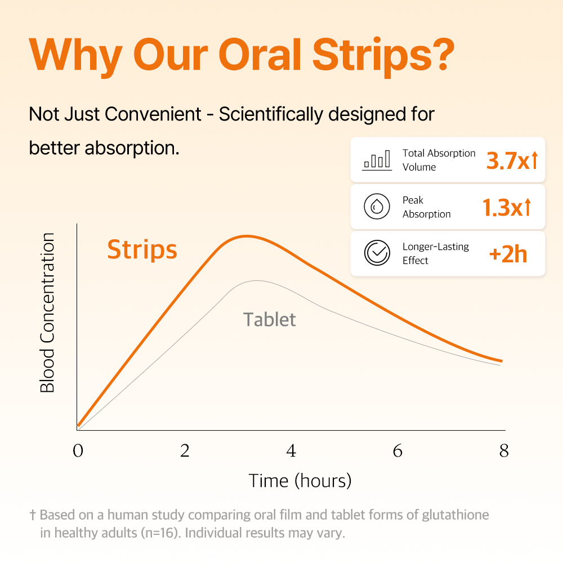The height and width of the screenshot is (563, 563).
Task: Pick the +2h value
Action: coord(508,254)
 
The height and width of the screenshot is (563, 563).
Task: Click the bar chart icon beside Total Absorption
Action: coord(376,160)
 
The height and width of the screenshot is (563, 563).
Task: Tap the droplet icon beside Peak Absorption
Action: coord(376,207)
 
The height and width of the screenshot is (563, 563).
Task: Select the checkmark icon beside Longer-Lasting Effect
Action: coord(376,253)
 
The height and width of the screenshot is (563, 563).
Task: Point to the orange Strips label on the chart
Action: coord(142,249)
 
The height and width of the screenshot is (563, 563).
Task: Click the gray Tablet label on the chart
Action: coord(269,320)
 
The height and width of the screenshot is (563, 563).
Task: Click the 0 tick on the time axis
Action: coord(78,452)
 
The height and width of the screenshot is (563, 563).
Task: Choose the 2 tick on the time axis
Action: coord(185,452)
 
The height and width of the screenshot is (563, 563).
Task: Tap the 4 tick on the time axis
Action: coord(291,452)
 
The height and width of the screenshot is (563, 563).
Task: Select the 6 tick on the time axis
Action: coord(397,452)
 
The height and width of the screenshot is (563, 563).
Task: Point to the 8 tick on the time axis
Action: coord(504,452)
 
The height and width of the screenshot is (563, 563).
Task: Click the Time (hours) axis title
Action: coord(300,481)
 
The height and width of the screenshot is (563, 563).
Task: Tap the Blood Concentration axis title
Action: coord(47,313)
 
